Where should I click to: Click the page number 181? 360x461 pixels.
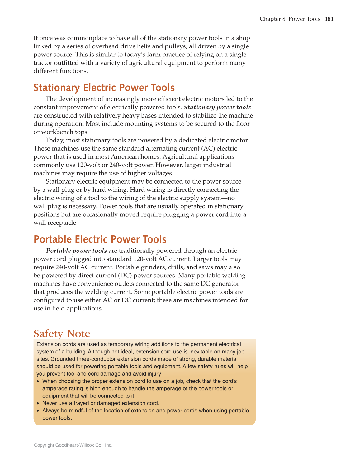(329, 19)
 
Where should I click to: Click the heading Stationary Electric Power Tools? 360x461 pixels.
(104, 88)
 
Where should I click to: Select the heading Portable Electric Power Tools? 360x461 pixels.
(100, 239)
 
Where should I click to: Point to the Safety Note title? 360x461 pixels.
(62, 334)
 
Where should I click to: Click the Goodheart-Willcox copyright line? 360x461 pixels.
(73, 445)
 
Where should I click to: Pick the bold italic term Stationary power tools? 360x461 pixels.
(217, 108)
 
